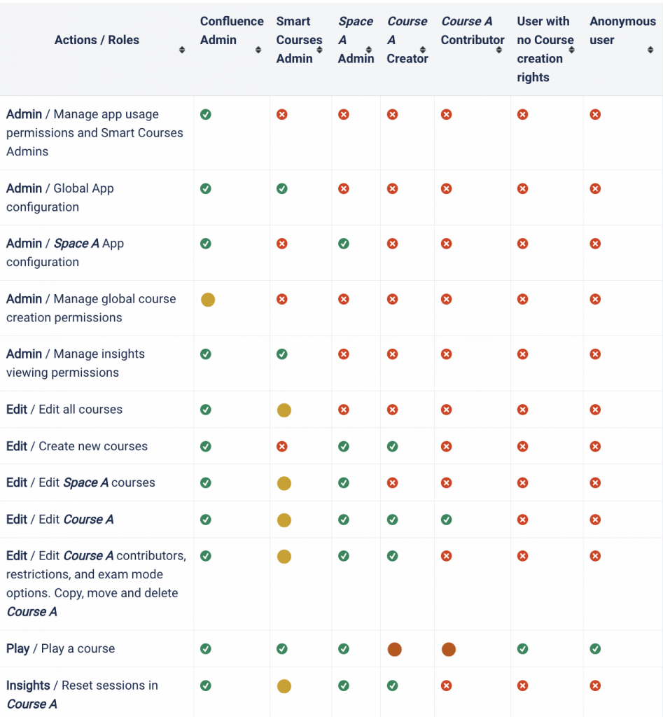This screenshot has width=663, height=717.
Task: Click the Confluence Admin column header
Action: tap(231, 31)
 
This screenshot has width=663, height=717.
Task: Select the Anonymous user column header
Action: tap(622, 31)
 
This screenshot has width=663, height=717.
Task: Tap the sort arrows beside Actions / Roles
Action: tap(182, 50)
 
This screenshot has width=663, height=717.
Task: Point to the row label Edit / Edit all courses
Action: tap(64, 410)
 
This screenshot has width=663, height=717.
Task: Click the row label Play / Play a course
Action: tap(60, 648)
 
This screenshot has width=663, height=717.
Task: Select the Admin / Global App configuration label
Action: tap(60, 197)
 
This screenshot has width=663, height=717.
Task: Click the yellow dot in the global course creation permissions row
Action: tap(208, 300)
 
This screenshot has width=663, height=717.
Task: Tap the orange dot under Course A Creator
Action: tap(394, 649)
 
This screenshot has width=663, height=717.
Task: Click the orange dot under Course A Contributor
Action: tap(449, 649)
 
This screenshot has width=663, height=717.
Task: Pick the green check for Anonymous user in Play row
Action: tap(595, 649)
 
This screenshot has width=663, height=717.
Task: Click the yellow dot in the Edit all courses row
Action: tap(284, 410)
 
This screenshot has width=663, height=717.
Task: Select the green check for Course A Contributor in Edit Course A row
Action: tap(447, 520)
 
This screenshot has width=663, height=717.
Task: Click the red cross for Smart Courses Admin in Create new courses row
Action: tap(281, 446)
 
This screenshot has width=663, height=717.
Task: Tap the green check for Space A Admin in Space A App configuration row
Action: tap(344, 244)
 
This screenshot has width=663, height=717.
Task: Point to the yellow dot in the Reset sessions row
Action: tap(284, 686)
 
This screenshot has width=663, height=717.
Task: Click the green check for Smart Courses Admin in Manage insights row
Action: tap(281, 354)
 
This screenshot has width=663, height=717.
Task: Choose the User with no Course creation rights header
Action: tap(544, 49)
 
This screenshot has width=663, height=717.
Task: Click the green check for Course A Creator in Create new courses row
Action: tap(393, 446)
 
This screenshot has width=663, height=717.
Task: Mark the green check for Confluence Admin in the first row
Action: tap(206, 114)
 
